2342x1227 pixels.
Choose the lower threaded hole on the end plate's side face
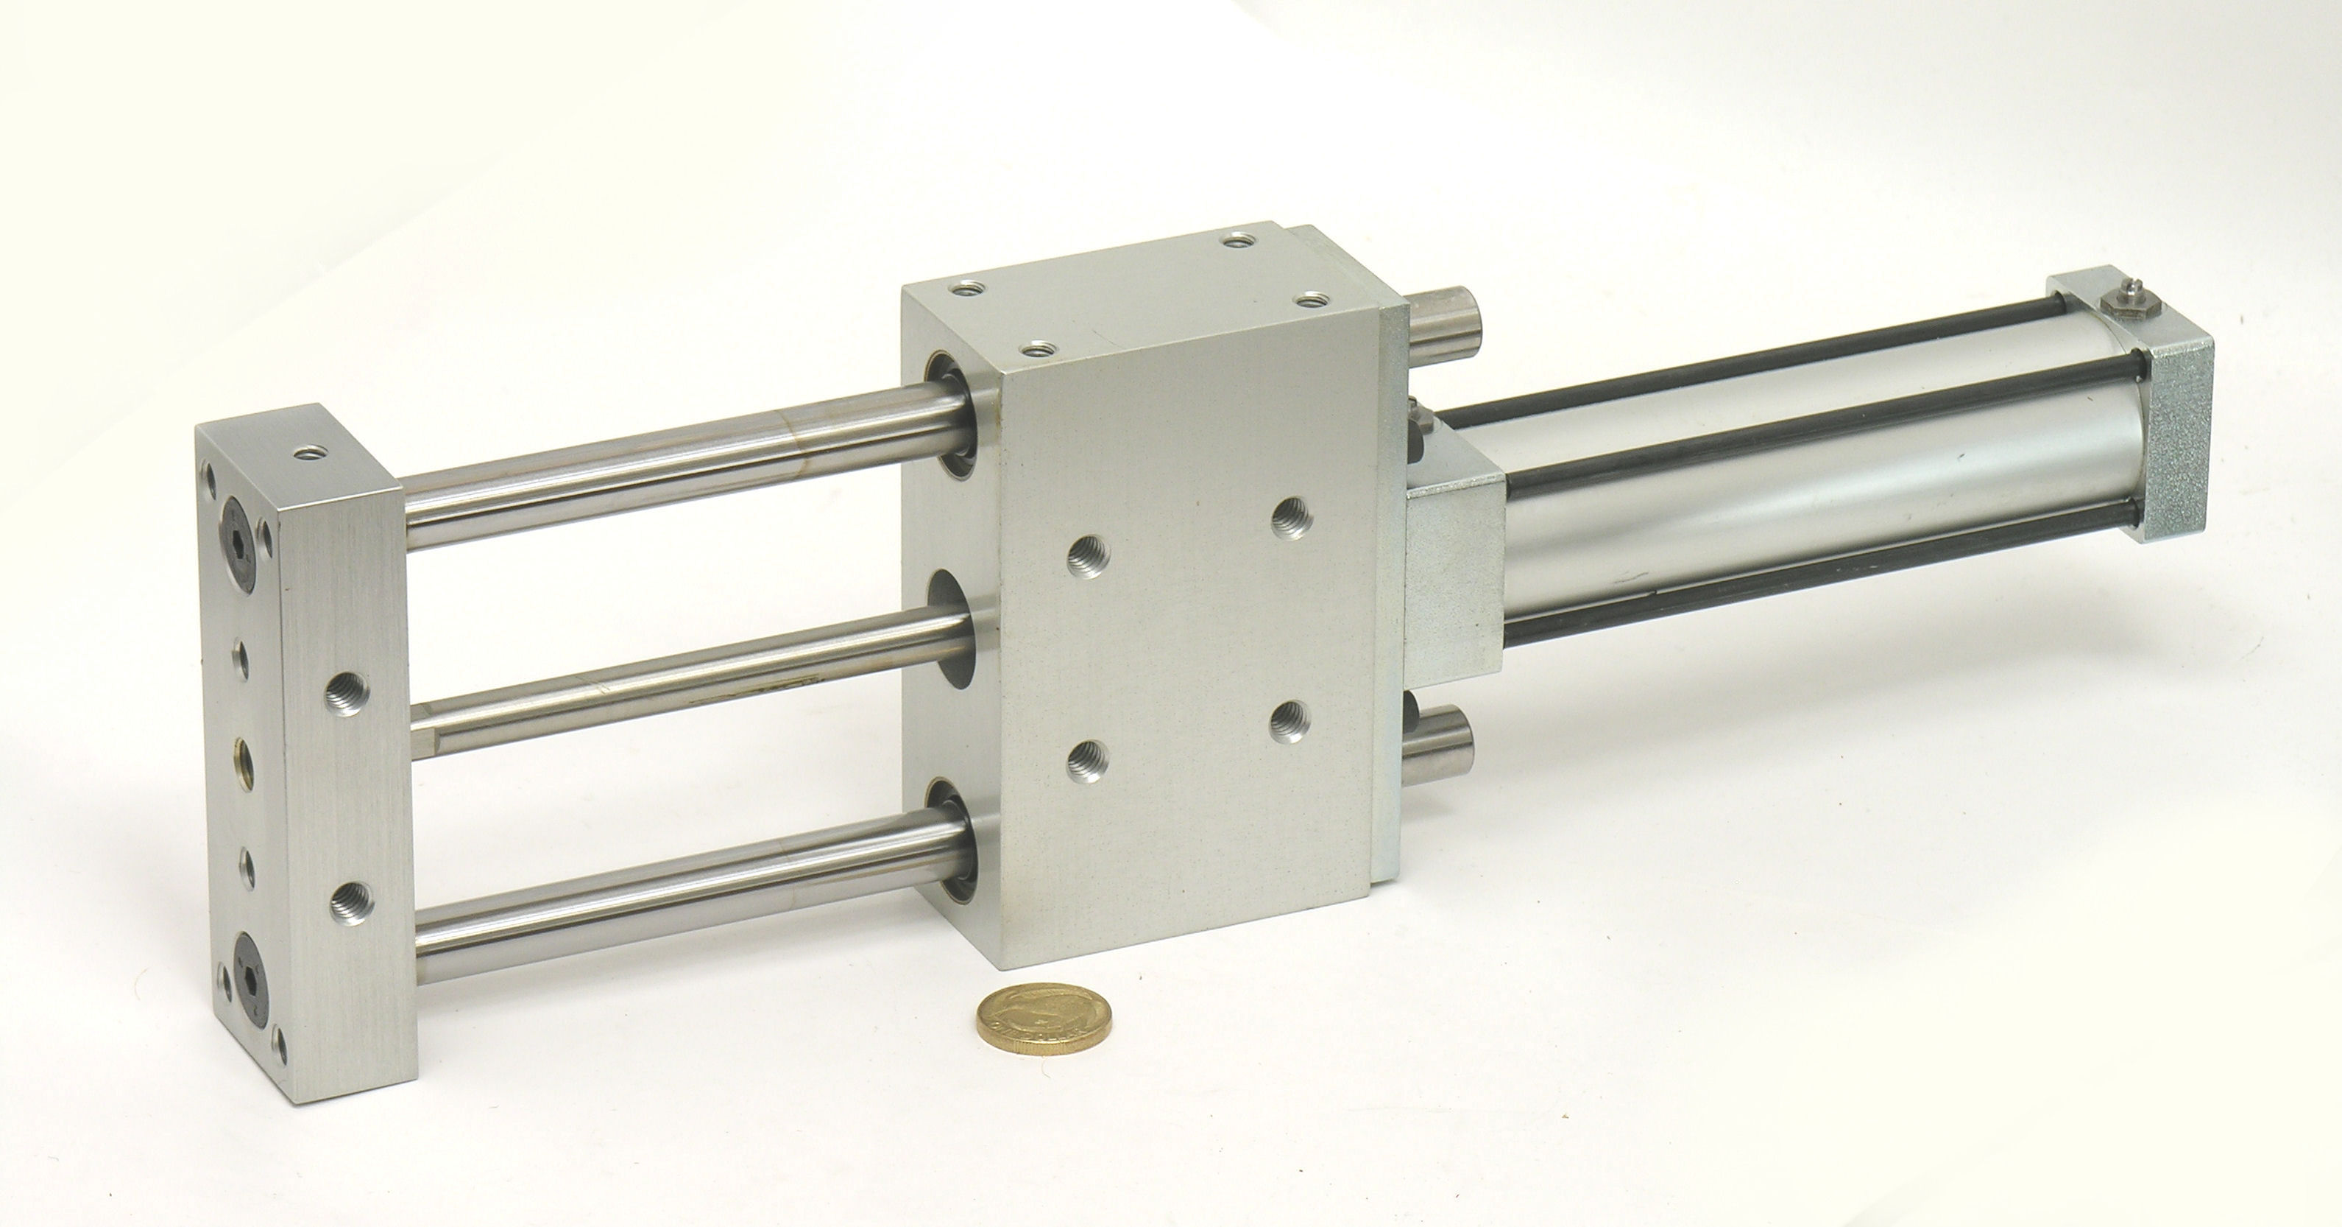(348, 926)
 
